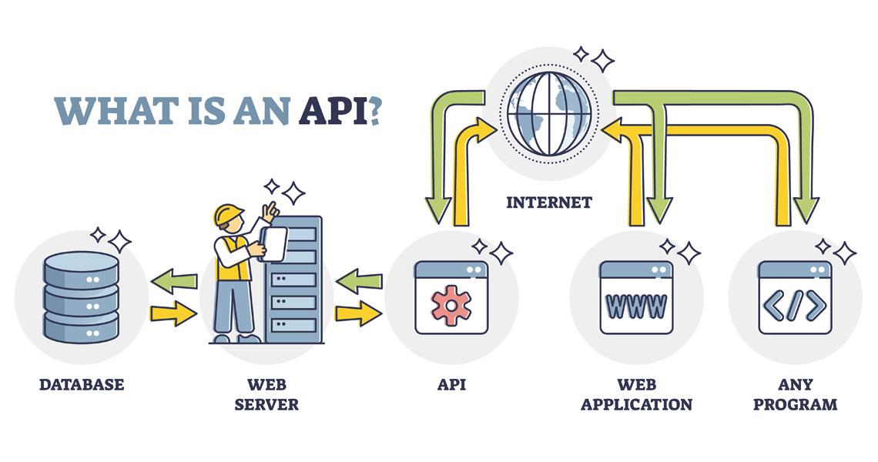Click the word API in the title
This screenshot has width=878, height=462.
pyautogui.click(x=332, y=111)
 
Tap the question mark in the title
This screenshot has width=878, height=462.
pyautogui.click(x=373, y=111)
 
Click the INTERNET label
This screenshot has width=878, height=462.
pyautogui.click(x=548, y=203)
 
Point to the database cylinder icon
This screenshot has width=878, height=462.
pyautogui.click(x=81, y=296)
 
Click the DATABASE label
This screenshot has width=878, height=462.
pyautogui.click(x=81, y=384)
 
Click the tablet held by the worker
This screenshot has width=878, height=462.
pyautogui.click(x=273, y=243)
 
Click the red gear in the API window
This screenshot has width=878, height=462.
pyautogui.click(x=451, y=304)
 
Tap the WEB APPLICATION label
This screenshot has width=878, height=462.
pyautogui.click(x=636, y=393)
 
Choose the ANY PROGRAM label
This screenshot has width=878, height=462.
pyautogui.click(x=795, y=393)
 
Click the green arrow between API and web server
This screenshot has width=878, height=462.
pyautogui.click(x=359, y=282)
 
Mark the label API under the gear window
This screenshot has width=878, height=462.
pyautogui.click(x=451, y=384)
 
